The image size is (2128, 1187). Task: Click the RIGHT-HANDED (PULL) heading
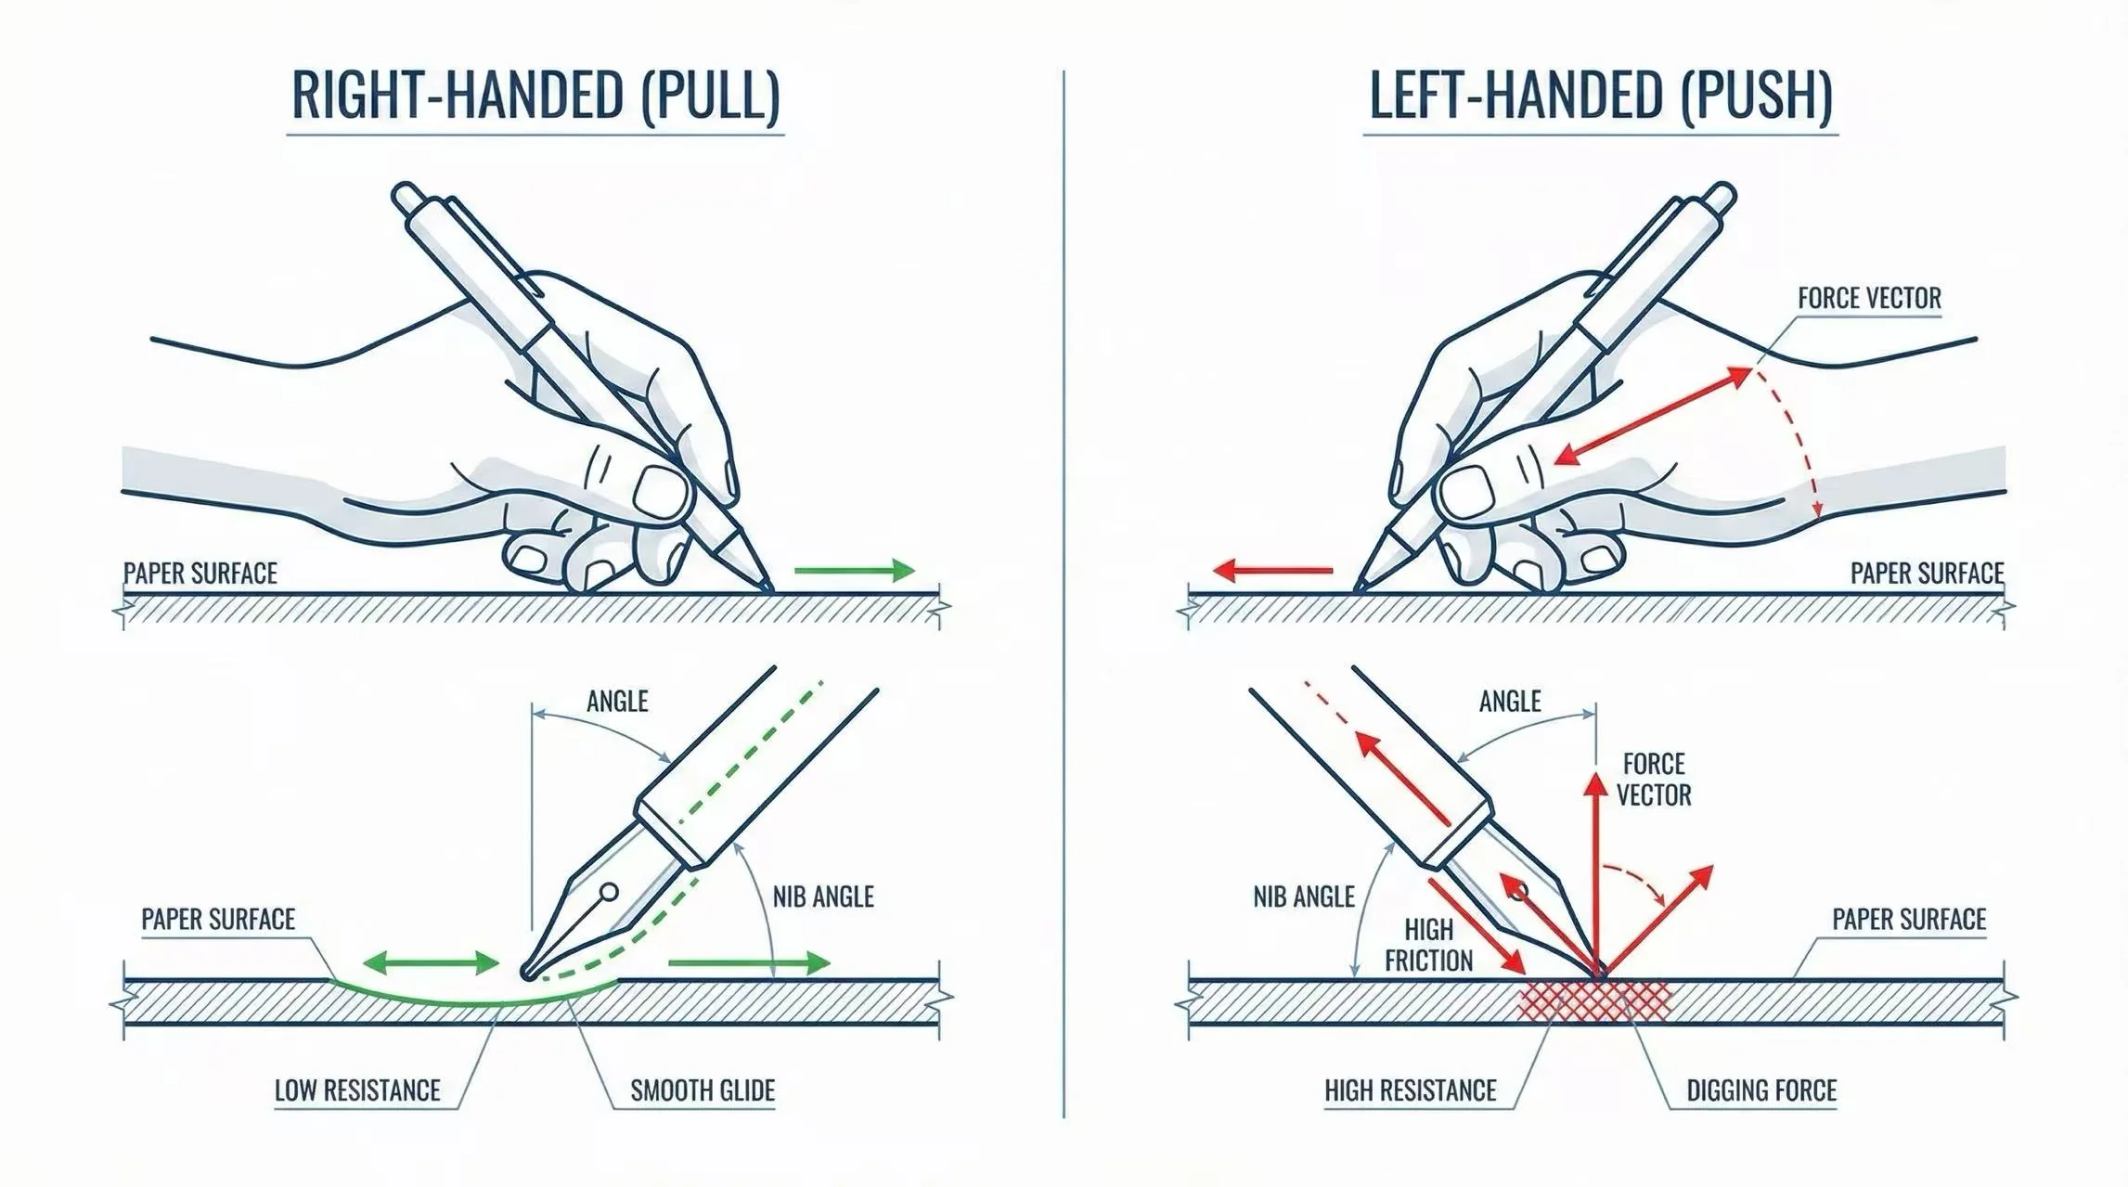[x=535, y=96]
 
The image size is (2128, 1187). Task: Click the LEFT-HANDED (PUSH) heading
[x=1600, y=96]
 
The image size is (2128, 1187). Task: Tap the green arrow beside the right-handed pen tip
[x=854, y=571]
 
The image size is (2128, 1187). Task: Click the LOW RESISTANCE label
[x=357, y=1090]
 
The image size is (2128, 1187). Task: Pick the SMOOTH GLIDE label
[x=703, y=1090]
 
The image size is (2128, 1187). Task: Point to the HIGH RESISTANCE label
[x=1410, y=1090]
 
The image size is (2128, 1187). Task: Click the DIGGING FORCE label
[x=1760, y=1090]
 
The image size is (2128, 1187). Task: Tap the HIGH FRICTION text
[x=1428, y=945]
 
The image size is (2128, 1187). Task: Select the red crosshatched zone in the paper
[x=1593, y=1000]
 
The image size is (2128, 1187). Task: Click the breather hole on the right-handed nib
[x=609, y=893]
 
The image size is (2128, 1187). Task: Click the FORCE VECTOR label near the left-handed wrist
[x=1869, y=299]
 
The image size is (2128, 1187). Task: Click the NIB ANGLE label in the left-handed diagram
[x=1303, y=897]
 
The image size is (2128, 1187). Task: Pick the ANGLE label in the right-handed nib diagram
[x=617, y=702]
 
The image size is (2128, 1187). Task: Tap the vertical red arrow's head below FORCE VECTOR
[x=1595, y=784]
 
